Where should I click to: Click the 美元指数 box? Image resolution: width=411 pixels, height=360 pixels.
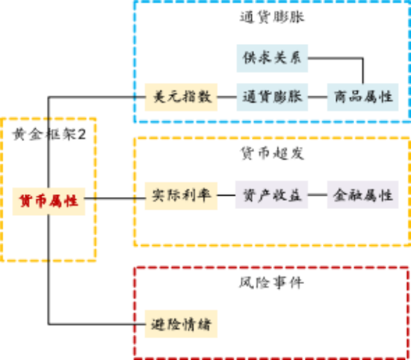pyautogui.click(x=181, y=97)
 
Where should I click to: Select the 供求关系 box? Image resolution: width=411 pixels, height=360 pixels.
pyautogui.click(x=272, y=58)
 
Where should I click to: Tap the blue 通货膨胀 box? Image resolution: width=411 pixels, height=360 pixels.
pyautogui.click(x=272, y=97)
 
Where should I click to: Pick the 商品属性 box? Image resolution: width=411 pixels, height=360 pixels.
pyautogui.click(x=362, y=97)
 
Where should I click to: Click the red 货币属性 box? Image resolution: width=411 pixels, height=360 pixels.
pyautogui.click(x=49, y=202)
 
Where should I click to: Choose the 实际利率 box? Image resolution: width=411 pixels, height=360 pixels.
pyautogui.click(x=181, y=196)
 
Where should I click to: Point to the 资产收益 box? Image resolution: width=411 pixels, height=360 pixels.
pyautogui.click(x=271, y=195)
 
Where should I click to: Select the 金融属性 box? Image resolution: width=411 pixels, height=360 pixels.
pyautogui.click(x=362, y=195)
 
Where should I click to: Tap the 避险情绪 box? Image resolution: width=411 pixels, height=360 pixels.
pyautogui.click(x=181, y=324)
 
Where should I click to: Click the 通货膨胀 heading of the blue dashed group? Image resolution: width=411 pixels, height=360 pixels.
pyautogui.click(x=272, y=17)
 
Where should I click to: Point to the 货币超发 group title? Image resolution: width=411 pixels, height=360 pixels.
pyautogui.click(x=272, y=153)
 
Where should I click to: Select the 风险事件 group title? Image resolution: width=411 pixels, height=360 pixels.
pyautogui.click(x=271, y=283)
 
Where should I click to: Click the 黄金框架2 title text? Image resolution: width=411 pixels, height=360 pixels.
pyautogui.click(x=49, y=134)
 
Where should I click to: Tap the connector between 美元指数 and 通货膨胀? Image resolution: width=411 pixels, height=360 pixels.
pyautogui.click(x=227, y=97)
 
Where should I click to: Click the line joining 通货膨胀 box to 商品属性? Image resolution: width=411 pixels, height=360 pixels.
pyautogui.click(x=318, y=97)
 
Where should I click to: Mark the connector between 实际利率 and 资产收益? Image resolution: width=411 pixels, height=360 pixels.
pyautogui.click(x=226, y=195)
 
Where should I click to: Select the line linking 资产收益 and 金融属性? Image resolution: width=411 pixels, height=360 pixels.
pyautogui.click(x=318, y=195)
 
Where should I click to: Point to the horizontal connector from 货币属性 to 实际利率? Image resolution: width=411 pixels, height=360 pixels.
pyautogui.click(x=115, y=198)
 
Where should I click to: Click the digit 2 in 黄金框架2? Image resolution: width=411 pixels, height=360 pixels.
pyautogui.click(x=81, y=134)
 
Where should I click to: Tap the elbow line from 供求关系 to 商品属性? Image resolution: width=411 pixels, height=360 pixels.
pyautogui.click(x=362, y=58)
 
